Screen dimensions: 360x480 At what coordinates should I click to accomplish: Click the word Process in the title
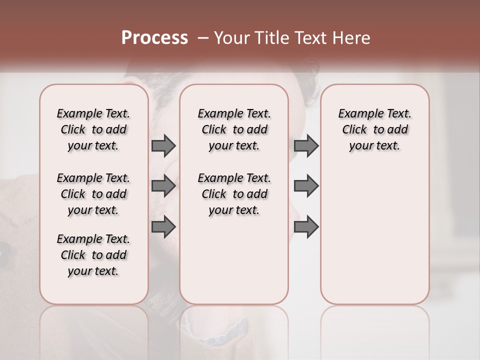click(154, 38)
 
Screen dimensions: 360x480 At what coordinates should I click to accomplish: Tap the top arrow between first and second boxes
click(163, 145)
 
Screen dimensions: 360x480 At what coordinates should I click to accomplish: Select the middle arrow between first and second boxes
click(163, 186)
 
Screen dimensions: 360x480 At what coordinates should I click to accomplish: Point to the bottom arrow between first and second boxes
click(163, 226)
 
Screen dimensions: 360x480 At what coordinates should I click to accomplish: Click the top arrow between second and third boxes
click(306, 145)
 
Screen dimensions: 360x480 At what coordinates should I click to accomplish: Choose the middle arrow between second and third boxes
click(306, 186)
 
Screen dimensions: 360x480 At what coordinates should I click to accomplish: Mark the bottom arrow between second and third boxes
click(306, 226)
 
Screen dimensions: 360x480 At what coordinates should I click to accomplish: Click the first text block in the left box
click(93, 129)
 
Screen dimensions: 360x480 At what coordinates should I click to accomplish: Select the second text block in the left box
click(93, 194)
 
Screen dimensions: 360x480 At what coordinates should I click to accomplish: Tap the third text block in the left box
click(93, 255)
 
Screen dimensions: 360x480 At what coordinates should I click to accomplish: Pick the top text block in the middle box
click(234, 129)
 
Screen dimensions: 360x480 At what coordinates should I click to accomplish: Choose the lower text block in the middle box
click(234, 194)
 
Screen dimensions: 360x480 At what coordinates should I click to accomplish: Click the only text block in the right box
click(375, 129)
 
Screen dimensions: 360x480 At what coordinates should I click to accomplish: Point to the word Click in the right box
click(354, 130)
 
